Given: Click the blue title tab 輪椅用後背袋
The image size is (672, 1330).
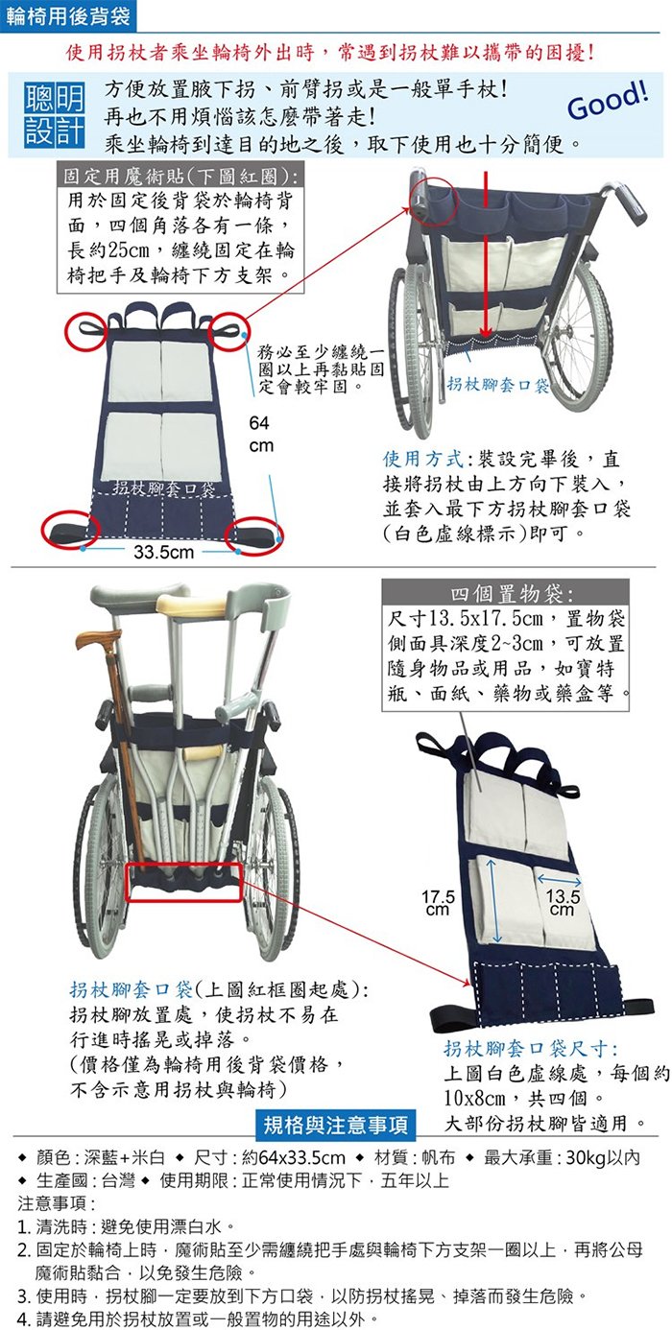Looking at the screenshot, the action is (68, 15).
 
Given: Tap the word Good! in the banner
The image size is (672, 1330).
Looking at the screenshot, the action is (608, 100).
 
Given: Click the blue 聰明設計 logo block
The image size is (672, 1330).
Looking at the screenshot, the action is (54, 114).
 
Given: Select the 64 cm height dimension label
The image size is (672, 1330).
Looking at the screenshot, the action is (260, 434).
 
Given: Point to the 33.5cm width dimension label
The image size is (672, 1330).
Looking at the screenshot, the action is (163, 552).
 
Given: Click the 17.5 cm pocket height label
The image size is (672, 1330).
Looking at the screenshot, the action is (438, 902).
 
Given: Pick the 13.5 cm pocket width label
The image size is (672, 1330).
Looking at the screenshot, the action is (562, 902).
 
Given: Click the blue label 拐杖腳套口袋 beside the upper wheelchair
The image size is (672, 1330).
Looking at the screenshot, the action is (498, 384).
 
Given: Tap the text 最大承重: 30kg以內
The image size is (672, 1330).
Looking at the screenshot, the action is (562, 1157).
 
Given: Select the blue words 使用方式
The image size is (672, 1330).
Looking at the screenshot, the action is (422, 459).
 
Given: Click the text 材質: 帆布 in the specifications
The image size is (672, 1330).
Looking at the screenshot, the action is (415, 1157).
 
